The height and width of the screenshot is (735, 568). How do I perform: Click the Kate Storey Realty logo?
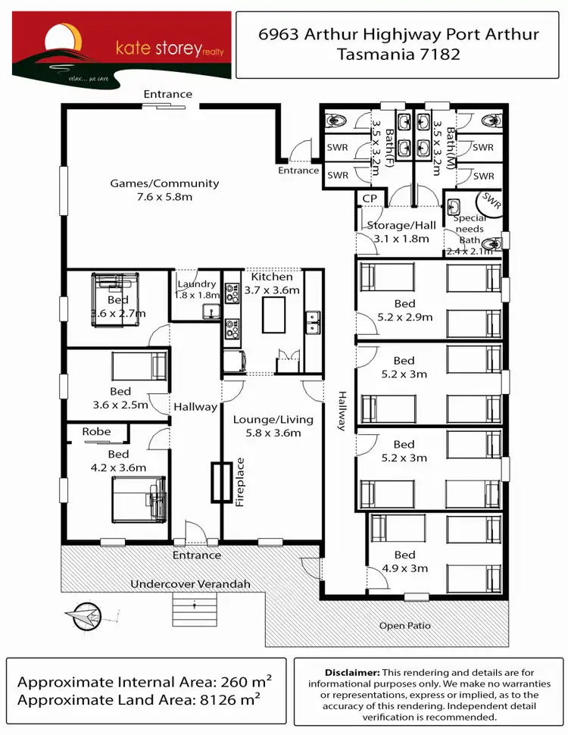coord(121,45)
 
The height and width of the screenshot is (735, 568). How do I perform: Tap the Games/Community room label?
coord(164,189)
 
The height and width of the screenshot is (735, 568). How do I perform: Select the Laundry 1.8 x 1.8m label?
coord(196,289)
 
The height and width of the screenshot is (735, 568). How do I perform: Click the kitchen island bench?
coord(273,314)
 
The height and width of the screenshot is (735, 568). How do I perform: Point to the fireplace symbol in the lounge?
coord(221,481)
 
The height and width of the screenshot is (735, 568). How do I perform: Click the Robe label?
coord(96,432)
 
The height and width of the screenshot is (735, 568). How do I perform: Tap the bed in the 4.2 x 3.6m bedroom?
coord(139,498)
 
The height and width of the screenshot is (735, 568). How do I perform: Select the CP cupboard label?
coord(370,199)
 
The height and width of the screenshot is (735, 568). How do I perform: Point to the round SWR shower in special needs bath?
coord(491,203)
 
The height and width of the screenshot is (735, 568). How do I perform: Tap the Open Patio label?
coord(404,626)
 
